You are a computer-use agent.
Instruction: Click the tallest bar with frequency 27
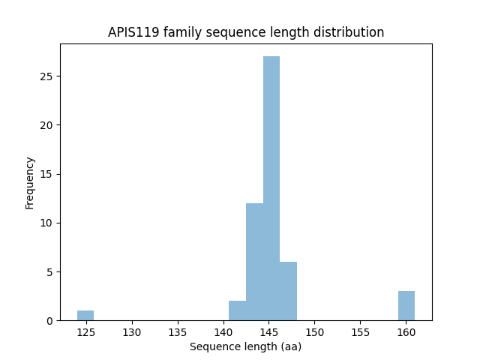[x=271, y=187]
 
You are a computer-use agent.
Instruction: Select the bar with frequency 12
[x=254, y=262]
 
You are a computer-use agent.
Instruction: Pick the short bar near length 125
[x=85, y=315]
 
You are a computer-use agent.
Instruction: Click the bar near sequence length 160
[x=406, y=305]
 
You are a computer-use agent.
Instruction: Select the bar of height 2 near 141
[x=237, y=310]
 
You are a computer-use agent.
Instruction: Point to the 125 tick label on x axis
[x=86, y=331]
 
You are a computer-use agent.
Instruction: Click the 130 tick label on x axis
[x=132, y=331]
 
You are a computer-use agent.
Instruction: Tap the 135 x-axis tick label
[x=178, y=331]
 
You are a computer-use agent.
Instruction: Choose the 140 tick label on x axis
[x=223, y=331]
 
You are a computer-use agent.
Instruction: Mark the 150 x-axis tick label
[x=314, y=331]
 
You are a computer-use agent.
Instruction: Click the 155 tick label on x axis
[x=360, y=331]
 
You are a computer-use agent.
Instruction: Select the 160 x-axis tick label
[x=406, y=331]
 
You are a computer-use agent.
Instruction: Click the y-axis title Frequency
[x=30, y=182]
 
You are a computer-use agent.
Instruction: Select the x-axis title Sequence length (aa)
[x=245, y=346]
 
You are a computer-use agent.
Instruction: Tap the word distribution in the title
[x=350, y=32]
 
